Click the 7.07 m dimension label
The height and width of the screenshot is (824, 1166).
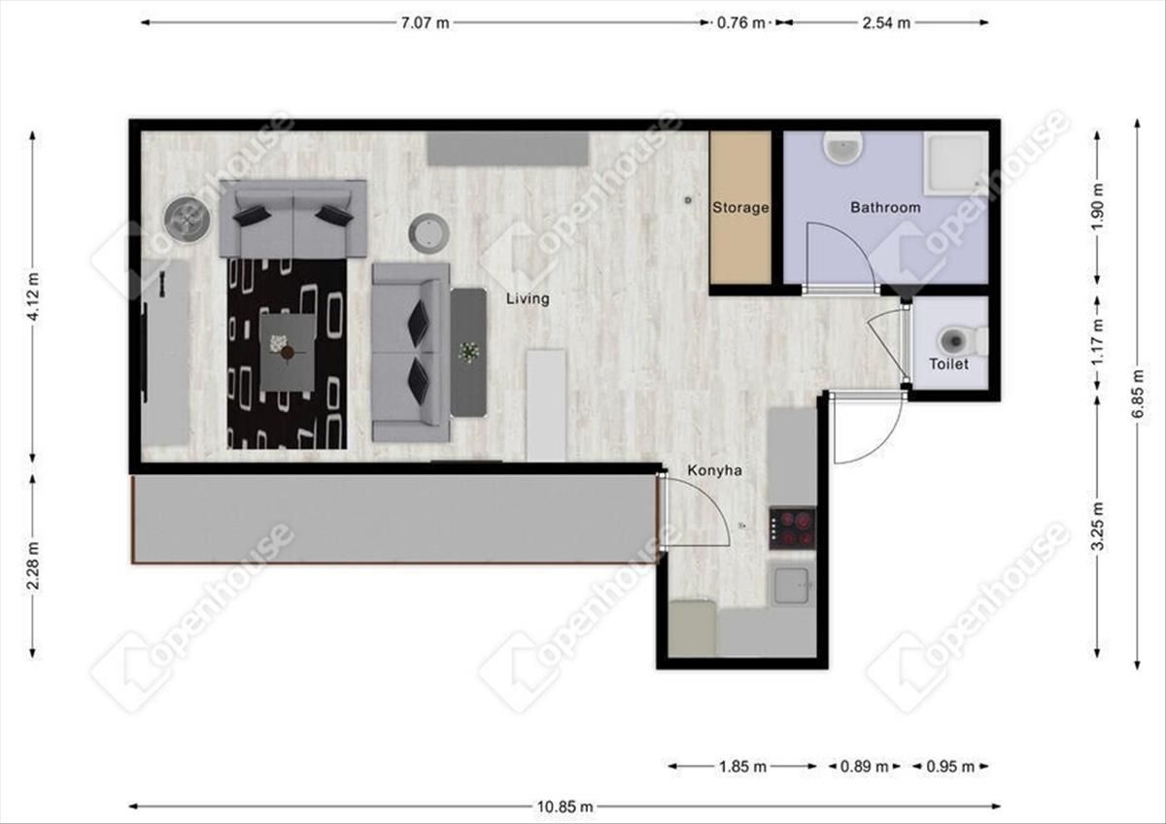[425, 23]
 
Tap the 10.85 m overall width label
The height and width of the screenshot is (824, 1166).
[565, 807]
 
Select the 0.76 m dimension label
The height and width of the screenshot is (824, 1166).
[740, 23]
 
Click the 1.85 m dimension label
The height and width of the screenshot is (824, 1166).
[742, 767]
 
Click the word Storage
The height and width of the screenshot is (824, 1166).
[740, 208]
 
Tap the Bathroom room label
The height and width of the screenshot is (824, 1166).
[885, 207]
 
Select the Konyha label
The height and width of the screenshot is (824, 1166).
[714, 470]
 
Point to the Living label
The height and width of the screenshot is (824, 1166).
[528, 298]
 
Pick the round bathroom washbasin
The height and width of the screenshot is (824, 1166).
[843, 148]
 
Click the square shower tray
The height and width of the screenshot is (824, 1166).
[956, 162]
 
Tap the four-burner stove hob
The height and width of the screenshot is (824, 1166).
[792, 528]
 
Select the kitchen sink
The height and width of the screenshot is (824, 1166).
[791, 585]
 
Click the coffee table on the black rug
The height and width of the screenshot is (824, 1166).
[288, 353]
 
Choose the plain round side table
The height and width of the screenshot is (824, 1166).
[429, 234]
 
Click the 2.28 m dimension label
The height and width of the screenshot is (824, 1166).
[34, 566]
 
